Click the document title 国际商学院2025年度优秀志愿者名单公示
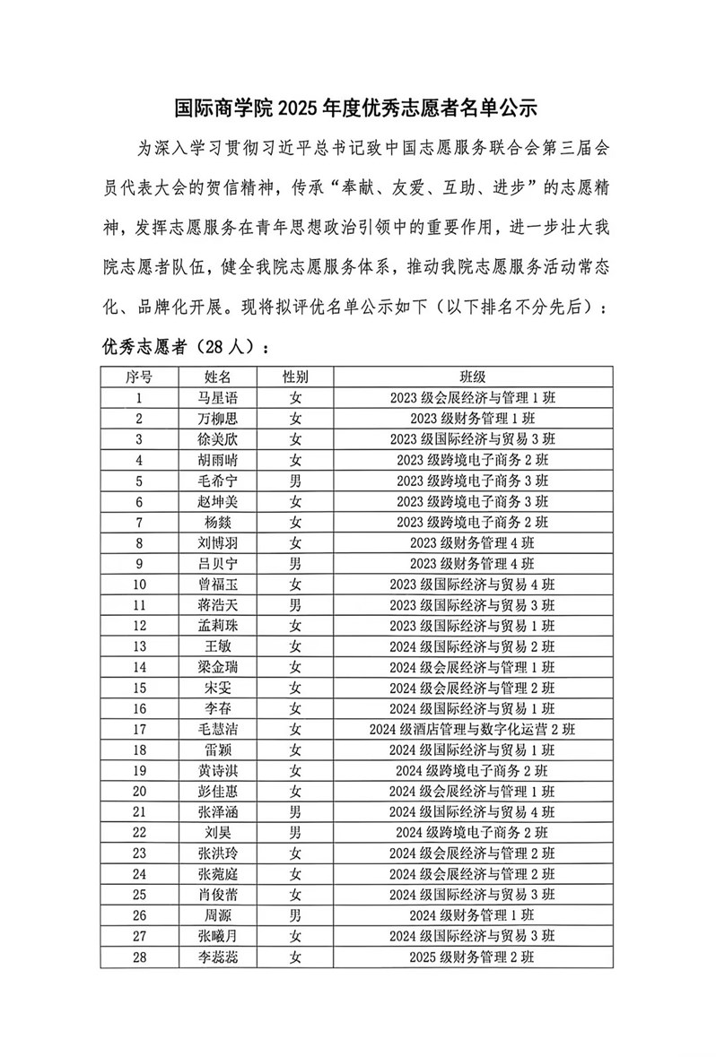click(x=355, y=109)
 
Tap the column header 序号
click(x=139, y=377)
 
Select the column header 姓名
click(x=218, y=377)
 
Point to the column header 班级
click(x=473, y=377)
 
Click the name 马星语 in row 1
click(x=218, y=397)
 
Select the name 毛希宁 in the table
click(x=218, y=481)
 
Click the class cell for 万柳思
click(x=473, y=418)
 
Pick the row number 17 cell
click(x=139, y=730)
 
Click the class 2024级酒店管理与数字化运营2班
click(x=473, y=730)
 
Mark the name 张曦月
click(x=218, y=937)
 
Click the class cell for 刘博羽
click(x=473, y=542)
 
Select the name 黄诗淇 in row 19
click(x=218, y=771)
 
